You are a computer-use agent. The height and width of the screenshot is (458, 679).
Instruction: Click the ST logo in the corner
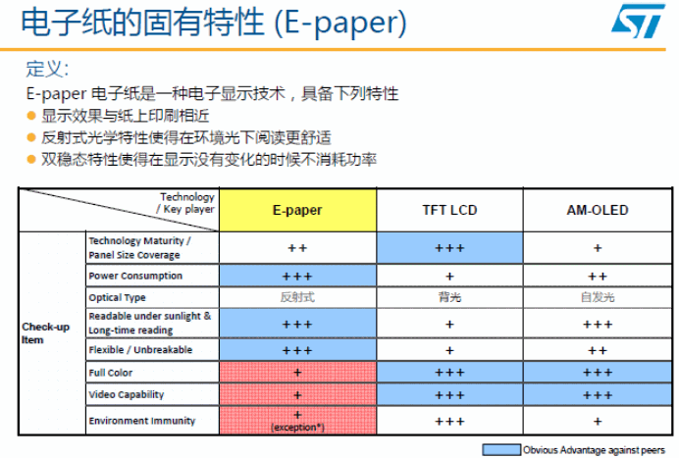[x=638, y=21]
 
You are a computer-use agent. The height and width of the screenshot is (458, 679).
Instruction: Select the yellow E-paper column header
[x=297, y=210]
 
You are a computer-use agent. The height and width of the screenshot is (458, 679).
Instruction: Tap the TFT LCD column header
[x=449, y=210]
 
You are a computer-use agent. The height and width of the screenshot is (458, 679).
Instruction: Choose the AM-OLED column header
[x=598, y=210]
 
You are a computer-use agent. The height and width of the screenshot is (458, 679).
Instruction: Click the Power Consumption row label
[x=135, y=276]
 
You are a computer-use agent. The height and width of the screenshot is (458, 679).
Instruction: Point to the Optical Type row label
[x=118, y=297]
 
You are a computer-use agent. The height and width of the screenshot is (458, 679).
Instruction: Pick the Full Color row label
[x=111, y=373]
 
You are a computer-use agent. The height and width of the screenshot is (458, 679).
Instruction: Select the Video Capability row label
[x=127, y=394]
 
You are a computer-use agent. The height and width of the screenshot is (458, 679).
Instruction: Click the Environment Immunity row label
[x=142, y=421]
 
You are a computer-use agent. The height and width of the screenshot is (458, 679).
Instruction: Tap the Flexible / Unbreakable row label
[x=140, y=350]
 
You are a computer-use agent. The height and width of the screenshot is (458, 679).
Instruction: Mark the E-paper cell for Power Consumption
[x=297, y=276]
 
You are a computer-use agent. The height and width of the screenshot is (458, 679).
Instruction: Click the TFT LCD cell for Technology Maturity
[x=449, y=248]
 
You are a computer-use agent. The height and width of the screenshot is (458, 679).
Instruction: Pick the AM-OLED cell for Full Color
[x=598, y=373]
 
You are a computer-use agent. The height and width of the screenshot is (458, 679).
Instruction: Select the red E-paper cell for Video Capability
[x=297, y=395]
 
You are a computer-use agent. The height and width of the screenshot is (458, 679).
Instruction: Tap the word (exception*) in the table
[x=297, y=428]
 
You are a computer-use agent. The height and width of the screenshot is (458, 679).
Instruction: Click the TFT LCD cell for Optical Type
[x=449, y=297]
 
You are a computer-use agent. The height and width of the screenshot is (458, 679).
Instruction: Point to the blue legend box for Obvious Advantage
[x=501, y=449]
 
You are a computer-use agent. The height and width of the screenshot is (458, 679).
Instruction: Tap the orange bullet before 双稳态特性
[x=31, y=159]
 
